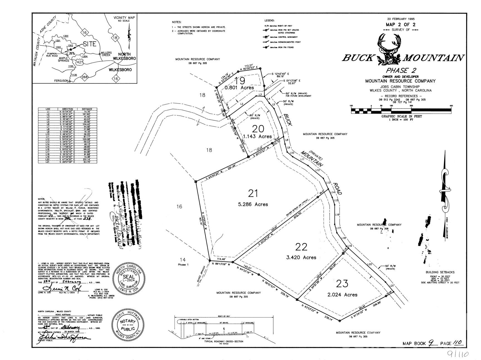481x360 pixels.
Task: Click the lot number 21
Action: (253, 193)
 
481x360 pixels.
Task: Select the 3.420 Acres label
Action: (301, 258)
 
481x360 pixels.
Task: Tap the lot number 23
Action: (342, 284)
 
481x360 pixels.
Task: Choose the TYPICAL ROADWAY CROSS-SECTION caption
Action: (224, 341)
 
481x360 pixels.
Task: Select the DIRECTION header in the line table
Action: (68, 109)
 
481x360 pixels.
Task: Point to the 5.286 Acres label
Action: (253, 204)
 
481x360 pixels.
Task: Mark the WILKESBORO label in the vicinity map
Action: (120, 70)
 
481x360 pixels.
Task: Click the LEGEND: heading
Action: (269, 21)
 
